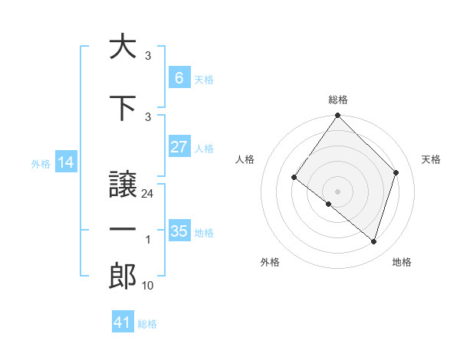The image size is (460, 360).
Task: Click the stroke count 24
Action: click(148, 194)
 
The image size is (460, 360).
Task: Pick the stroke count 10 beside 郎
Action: click(148, 286)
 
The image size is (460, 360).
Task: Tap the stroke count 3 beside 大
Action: click(148, 56)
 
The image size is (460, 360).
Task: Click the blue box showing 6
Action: click(179, 77)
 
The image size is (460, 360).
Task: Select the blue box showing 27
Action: click(179, 147)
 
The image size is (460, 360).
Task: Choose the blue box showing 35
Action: click(179, 231)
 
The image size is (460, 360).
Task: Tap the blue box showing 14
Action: click(65, 162)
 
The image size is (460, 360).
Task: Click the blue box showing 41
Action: click(123, 322)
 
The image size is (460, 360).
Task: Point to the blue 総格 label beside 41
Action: click(147, 324)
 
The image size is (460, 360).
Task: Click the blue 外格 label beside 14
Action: click(40, 163)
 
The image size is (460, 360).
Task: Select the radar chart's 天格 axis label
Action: click(432, 159)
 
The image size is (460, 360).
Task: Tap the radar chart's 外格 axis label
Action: click(270, 262)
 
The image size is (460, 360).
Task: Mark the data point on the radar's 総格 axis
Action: click(337, 116)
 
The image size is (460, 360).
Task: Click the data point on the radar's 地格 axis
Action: click(374, 241)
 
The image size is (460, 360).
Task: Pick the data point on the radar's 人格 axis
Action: click(294, 177)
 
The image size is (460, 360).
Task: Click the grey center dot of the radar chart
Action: click(337, 191)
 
